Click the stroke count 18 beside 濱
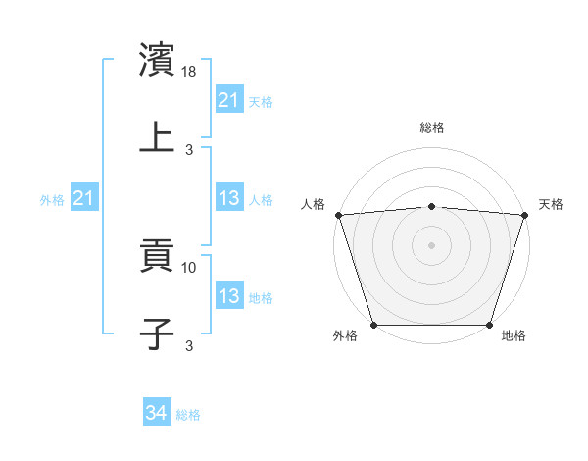190,72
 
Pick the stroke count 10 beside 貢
190,267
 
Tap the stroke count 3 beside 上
190,149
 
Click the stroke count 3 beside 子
190,344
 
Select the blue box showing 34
156,414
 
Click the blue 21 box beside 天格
229,100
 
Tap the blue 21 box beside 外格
84,199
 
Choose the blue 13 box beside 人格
229,199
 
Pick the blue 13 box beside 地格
229,296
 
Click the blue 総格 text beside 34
188,415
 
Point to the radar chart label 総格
431,128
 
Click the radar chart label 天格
551,204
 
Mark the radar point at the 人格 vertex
338,215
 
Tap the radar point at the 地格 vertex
489,325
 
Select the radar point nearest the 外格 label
373,325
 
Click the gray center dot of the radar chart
431,244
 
